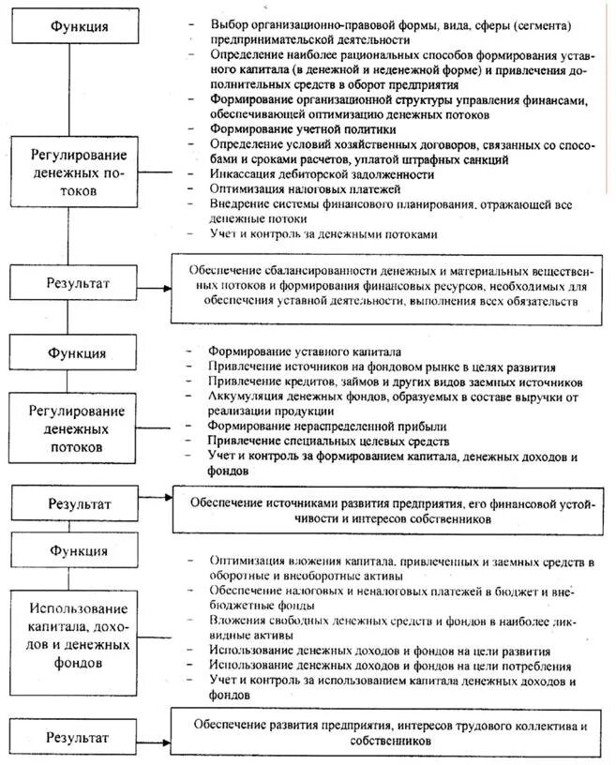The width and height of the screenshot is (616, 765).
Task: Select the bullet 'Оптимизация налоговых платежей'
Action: click(x=300, y=188)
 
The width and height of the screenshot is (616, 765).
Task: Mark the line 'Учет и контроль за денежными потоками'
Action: click(x=323, y=233)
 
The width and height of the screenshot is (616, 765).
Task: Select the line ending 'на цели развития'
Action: click(x=380, y=651)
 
